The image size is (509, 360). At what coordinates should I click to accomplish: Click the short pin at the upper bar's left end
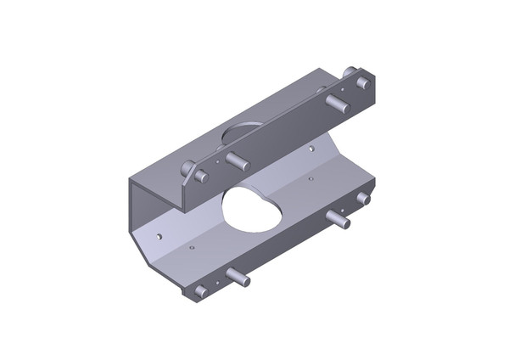(201, 177)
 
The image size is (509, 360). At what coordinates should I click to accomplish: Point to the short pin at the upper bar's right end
(362, 82)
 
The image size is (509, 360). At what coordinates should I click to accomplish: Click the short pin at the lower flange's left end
(200, 292)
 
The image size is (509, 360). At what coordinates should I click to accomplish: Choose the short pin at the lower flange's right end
(363, 199)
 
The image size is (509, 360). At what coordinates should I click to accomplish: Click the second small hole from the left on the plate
(191, 248)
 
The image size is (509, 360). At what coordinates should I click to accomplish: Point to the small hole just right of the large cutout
(310, 179)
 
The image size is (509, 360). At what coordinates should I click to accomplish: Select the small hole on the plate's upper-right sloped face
(310, 149)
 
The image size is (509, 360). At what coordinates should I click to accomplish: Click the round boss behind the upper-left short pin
(187, 167)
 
